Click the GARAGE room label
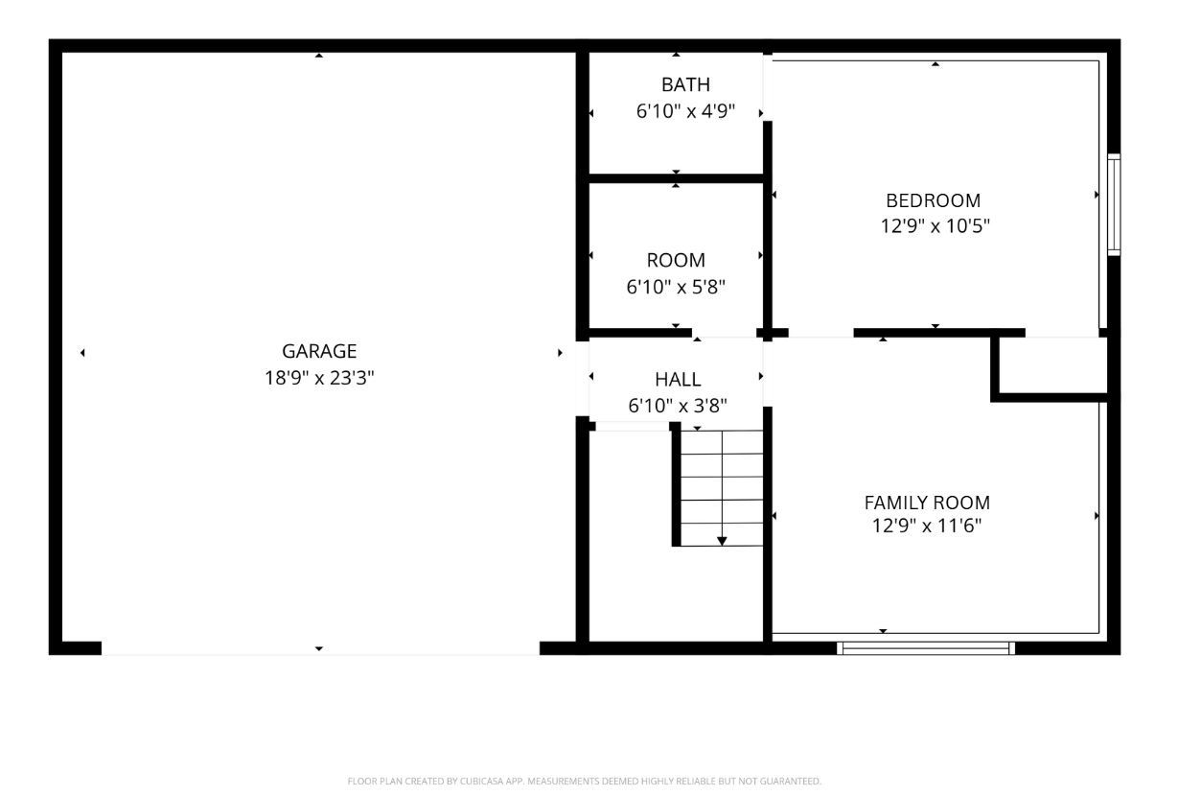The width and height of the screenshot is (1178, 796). tap(319, 351)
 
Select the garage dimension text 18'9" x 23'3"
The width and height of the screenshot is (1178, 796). tap(319, 378)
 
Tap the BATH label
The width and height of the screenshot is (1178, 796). tap(685, 84)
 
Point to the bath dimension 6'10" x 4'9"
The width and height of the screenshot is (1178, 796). tap(685, 111)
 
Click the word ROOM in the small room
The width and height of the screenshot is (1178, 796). tap(676, 260)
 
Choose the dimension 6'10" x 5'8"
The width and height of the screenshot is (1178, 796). tap(676, 287)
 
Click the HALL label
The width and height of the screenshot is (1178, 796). tap(678, 380)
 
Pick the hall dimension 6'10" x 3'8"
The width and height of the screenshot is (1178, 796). tap(678, 406)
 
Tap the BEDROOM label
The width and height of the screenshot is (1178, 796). tap(934, 200)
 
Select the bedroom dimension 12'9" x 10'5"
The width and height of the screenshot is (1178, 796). tap(935, 226)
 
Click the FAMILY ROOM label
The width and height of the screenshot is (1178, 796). tap(927, 503)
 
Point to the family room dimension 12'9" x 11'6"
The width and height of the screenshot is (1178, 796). tap(927, 526)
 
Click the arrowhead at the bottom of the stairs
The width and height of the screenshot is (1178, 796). tap(722, 541)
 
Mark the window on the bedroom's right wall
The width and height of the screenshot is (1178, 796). tap(1114, 204)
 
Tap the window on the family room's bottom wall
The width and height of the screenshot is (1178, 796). tap(926, 648)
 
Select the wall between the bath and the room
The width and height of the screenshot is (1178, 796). tap(677, 178)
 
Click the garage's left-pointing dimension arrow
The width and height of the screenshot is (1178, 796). tap(82, 353)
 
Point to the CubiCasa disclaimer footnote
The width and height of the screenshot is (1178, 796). tap(585, 782)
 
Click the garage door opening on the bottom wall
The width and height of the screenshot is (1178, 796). tap(320, 649)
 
